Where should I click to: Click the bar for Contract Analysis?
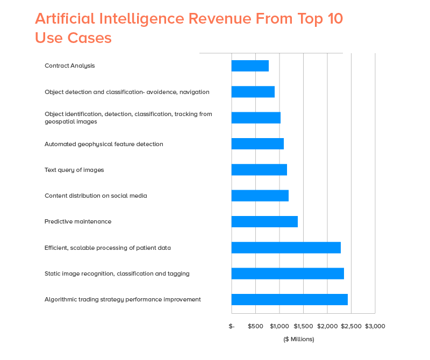[250, 66]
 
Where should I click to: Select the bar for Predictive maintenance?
[264, 221]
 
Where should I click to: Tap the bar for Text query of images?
[259, 170]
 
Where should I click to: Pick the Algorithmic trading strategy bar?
[289, 300]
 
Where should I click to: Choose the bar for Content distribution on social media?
[260, 196]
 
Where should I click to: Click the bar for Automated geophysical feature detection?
[257, 144]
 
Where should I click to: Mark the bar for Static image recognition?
[288, 273]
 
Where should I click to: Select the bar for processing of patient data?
[286, 248]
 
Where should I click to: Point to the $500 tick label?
[255, 326]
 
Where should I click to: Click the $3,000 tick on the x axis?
[375, 326]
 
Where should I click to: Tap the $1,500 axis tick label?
[303, 326]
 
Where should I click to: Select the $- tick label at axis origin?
[232, 326]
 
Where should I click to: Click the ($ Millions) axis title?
[299, 339]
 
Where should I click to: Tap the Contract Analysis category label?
[69, 66]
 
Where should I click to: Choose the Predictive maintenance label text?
[78, 221]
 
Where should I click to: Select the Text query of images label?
[74, 170]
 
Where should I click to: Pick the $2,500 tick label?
[351, 326]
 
